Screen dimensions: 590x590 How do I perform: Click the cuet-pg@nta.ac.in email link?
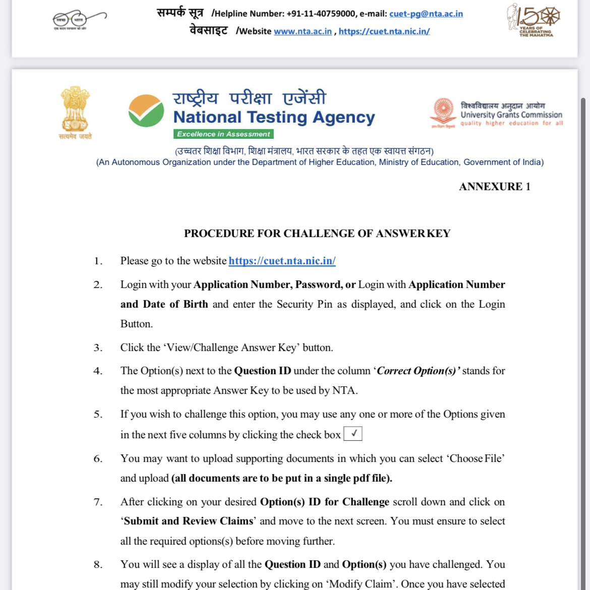pyautogui.click(x=426, y=14)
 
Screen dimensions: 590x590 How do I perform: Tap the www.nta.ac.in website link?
pyautogui.click(x=303, y=31)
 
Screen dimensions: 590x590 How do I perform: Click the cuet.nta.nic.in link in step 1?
pyautogui.click(x=282, y=261)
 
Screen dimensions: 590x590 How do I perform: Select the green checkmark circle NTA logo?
pyautogui.click(x=146, y=110)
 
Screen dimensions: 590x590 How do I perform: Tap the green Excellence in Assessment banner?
pyautogui.click(x=223, y=134)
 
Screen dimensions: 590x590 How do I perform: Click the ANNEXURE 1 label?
pyautogui.click(x=494, y=187)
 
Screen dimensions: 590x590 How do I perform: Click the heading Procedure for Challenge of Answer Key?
pyautogui.click(x=317, y=233)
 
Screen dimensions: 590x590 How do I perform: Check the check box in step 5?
pyautogui.click(x=353, y=434)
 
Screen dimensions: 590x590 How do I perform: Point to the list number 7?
pyautogui.click(x=98, y=502)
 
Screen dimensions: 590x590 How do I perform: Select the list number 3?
pyautogui.click(x=98, y=348)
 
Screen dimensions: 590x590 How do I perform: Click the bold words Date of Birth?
pyautogui.click(x=175, y=305)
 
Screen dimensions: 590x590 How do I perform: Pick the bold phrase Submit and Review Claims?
pyautogui.click(x=189, y=521)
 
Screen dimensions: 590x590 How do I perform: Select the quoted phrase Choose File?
pyautogui.click(x=476, y=459)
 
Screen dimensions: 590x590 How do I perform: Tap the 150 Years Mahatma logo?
pyautogui.click(x=534, y=20)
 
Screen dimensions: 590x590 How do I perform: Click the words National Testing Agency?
pyautogui.click(x=274, y=117)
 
